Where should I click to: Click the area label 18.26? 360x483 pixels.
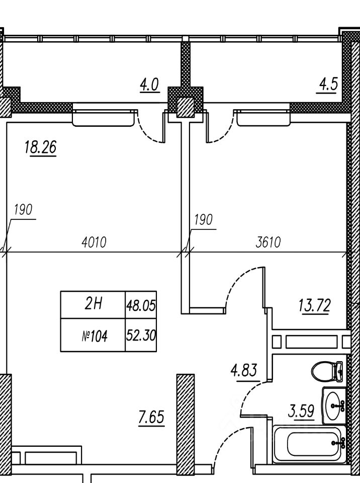tap(40, 147)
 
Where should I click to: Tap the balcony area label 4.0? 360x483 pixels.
tap(149, 85)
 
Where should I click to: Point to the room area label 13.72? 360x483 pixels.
tap(314, 305)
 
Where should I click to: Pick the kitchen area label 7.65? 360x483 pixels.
tap(151, 418)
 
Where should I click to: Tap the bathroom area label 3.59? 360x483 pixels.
tap(301, 411)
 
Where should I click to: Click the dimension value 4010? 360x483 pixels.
tap(94, 243)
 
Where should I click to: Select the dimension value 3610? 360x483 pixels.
tap(268, 243)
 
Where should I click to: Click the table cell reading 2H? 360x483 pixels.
tap(93, 305)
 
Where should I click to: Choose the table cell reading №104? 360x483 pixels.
tap(93, 335)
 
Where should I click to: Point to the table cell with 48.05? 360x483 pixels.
tap(141, 305)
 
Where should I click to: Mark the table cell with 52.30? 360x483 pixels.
tap(141, 335)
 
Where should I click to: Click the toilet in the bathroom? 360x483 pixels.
tap(328, 371)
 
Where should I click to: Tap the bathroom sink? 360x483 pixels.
tap(334, 406)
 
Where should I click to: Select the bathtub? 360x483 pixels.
tap(310, 444)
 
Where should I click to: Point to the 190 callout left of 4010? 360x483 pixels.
tap(23, 210)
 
